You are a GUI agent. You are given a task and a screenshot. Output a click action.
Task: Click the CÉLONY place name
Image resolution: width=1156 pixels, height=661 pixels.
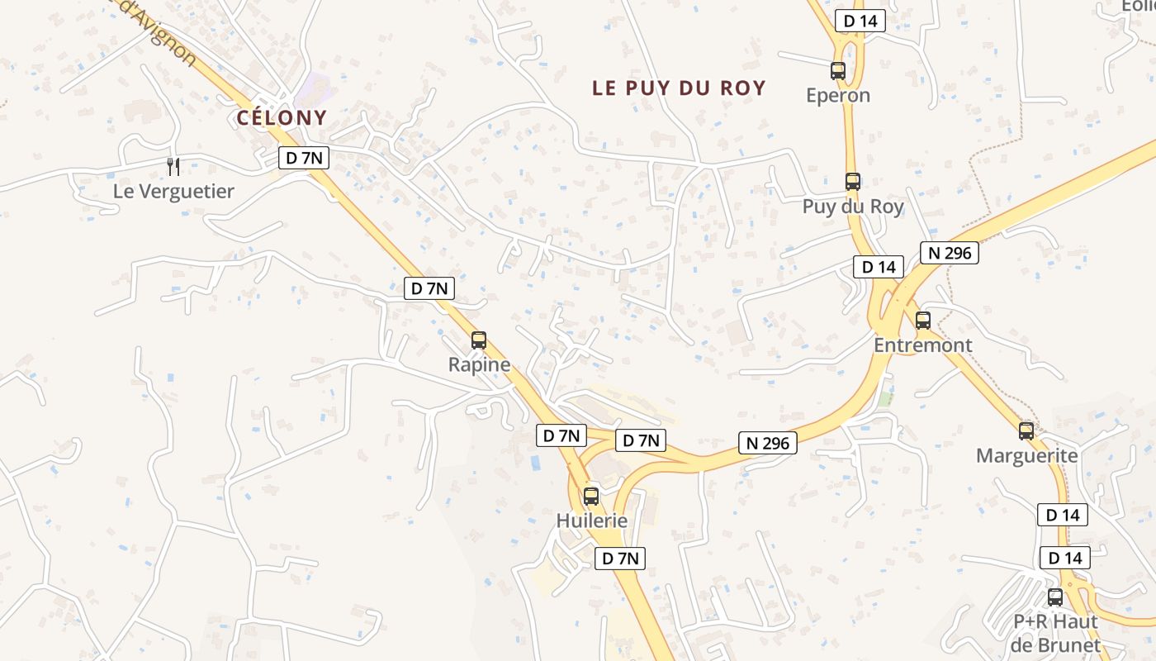tap(282, 118)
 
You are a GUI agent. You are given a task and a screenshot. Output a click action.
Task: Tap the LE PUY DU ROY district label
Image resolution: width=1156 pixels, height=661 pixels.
tap(679, 88)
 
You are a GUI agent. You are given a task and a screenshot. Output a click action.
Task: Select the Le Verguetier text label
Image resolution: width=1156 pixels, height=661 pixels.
tap(173, 192)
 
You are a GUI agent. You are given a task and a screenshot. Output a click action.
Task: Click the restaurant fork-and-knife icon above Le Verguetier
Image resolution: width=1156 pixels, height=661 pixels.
tap(173, 167)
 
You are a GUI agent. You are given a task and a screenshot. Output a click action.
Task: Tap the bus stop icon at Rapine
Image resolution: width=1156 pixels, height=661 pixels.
tap(478, 340)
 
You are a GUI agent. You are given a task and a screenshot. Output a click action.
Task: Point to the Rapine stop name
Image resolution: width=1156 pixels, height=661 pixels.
tap(479, 364)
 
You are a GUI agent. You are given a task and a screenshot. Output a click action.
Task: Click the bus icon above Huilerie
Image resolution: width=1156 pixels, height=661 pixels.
tap(590, 496)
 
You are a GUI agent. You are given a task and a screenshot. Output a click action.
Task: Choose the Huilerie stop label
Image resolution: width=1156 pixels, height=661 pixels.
tap(591, 521)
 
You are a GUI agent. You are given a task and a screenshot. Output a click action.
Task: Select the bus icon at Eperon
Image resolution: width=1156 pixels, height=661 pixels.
tap(838, 71)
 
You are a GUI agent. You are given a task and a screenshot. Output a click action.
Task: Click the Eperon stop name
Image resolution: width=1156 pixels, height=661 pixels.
tap(838, 95)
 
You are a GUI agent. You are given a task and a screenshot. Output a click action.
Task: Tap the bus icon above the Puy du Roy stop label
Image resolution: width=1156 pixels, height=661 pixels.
tap(853, 182)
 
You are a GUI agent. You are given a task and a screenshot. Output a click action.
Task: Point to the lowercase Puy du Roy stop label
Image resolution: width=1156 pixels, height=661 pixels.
tap(853, 207)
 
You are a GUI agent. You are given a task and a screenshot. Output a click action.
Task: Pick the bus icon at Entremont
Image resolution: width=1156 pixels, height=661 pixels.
tap(923, 321)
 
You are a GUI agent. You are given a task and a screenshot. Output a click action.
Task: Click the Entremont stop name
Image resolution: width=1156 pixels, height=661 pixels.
tap(923, 345)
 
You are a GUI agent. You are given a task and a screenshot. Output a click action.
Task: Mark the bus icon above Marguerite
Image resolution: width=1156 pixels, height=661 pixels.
tap(1026, 430)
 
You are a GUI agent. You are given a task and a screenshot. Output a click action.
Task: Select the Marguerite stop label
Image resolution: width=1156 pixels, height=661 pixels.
tap(1026, 456)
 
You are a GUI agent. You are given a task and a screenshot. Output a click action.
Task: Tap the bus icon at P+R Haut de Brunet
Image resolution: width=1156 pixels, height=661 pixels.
tap(1055, 597)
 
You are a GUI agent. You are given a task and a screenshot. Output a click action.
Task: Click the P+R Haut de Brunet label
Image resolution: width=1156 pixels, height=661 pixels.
tap(1055, 633)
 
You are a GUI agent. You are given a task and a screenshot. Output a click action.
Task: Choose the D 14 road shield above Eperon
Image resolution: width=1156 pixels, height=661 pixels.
tap(860, 21)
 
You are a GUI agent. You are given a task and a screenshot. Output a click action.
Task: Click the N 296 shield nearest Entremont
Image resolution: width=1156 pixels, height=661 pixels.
tap(950, 253)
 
